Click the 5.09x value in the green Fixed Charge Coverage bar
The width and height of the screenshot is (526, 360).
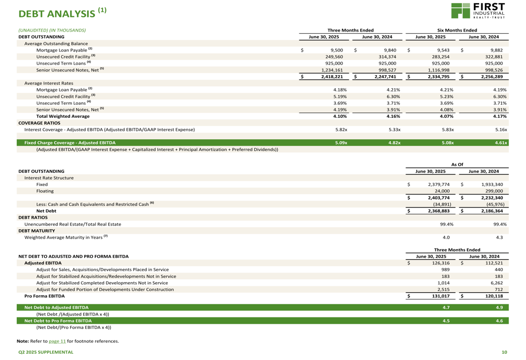(x=341, y=142)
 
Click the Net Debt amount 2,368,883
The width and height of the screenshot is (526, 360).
(x=438, y=211)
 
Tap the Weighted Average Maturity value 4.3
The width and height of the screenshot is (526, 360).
(x=499, y=237)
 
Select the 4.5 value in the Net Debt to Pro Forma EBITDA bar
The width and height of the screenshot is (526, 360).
(x=446, y=320)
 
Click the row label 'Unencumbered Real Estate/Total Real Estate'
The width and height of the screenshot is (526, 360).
(x=73, y=224)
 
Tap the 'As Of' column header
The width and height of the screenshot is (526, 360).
(x=457, y=164)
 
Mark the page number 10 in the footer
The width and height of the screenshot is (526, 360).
(x=504, y=352)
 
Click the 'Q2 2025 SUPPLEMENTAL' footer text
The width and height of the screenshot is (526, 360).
(x=46, y=352)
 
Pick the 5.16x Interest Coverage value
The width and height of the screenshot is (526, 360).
(x=500, y=129)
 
